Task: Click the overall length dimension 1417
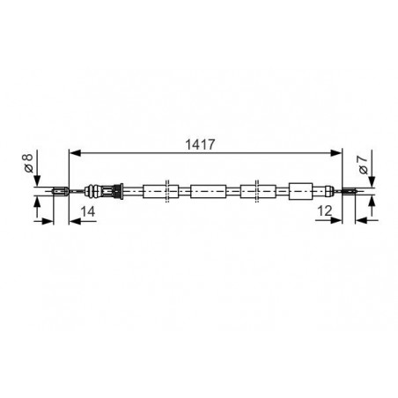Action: [x=200, y=144]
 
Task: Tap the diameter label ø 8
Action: [x=28, y=163]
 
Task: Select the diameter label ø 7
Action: [x=364, y=165]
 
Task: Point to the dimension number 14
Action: [x=88, y=211]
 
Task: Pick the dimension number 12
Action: [x=325, y=210]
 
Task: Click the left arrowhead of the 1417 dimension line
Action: [x=75, y=152]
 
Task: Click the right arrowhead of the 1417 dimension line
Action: [x=336, y=152]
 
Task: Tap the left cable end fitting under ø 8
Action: [x=61, y=191]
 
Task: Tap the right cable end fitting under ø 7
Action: [x=350, y=191]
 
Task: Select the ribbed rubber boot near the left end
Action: [x=92, y=191]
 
